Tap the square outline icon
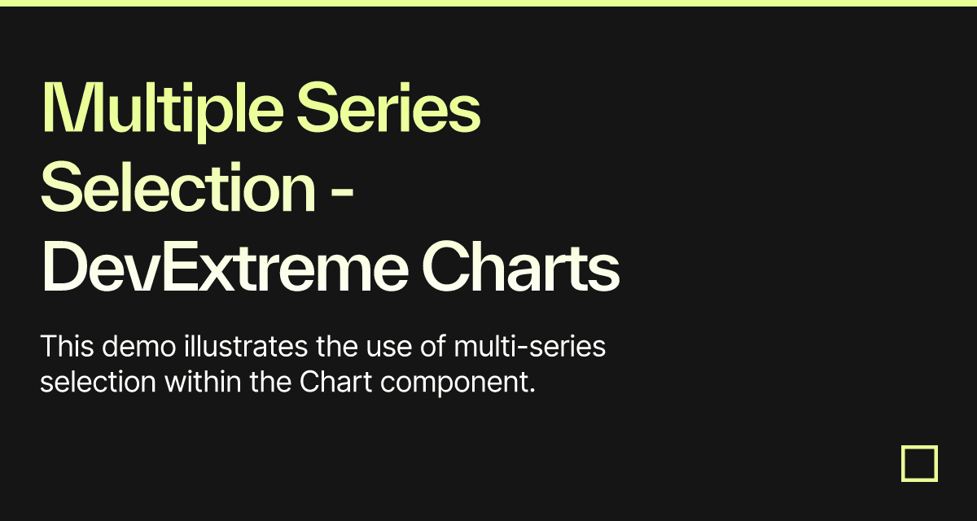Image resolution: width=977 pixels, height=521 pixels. point(919,463)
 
